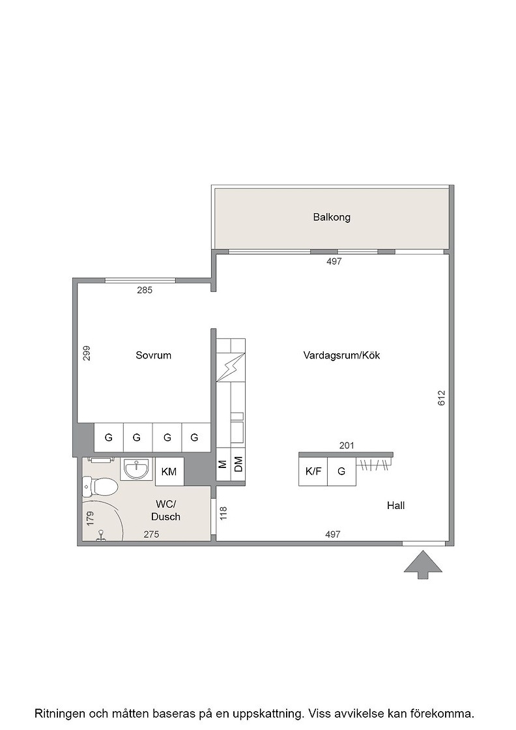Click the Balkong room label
pos(331,217)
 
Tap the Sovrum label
pos(153,355)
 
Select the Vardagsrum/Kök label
pos(341,355)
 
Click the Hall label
pos(395,505)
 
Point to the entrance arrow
pos(422,564)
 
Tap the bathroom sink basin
pos(136,469)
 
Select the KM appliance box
pos(169,472)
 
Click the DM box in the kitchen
pos(238,463)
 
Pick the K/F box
pos(313,471)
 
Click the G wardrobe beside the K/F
pos(341,471)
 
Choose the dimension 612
pos(442,398)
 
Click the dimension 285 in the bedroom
pos(144,290)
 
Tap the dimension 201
pos(347,446)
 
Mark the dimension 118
pos(223,514)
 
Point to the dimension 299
pos(87,353)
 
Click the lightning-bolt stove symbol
pos(231,367)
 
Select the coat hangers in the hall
pos(373,465)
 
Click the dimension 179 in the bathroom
pos(91,519)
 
